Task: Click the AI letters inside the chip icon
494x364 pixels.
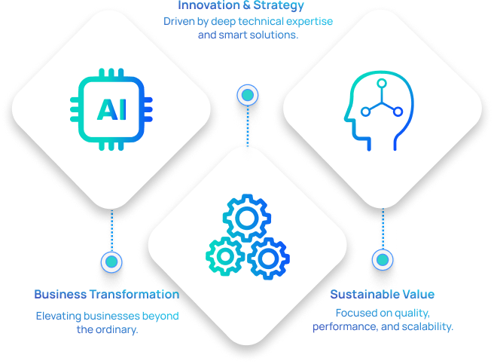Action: (111, 109)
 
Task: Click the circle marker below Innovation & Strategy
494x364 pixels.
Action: (246, 95)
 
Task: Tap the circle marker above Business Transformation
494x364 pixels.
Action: (111, 262)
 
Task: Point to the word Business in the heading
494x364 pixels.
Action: (58, 294)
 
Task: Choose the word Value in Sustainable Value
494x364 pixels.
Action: (418, 294)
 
